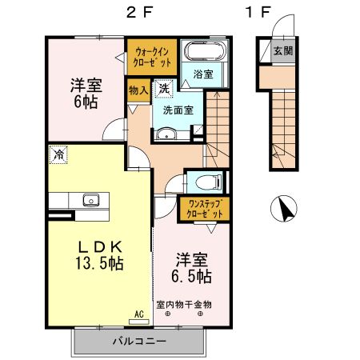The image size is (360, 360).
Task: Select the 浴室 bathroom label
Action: point(202,74)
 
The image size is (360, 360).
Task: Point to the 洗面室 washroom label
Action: point(178,110)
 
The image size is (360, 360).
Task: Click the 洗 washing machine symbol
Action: point(163,88)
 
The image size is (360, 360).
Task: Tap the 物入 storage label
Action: point(138,90)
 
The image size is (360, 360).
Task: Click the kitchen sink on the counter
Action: point(87,200)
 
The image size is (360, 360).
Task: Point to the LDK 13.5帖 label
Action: point(98,254)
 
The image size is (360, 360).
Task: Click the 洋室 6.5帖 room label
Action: point(192,268)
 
